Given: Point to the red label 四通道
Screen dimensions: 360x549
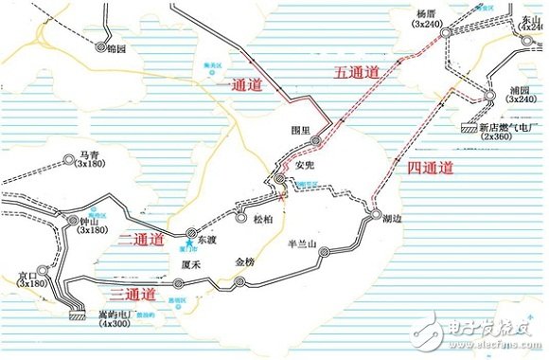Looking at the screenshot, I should pos(430,167).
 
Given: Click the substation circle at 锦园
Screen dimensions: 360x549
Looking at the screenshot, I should pos(101,45).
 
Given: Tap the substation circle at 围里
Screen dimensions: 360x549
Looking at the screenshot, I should pos(317,142).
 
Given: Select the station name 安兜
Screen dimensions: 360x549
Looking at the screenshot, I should pos(304,164).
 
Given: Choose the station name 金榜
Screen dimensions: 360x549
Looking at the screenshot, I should pos(244,261).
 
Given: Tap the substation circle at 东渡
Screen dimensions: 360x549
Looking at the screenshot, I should pos(192,230).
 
